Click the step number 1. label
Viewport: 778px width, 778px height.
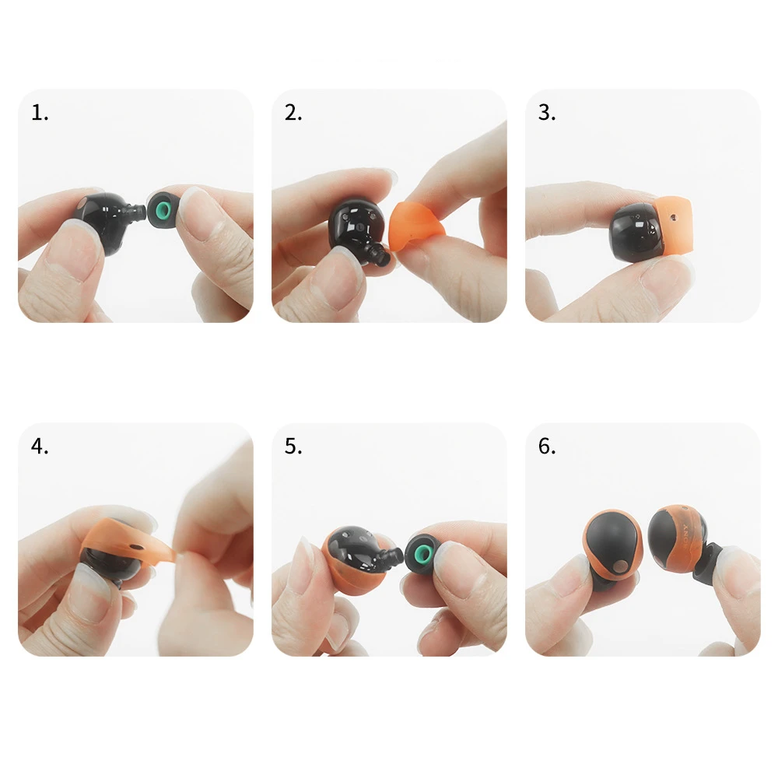pos(40,113)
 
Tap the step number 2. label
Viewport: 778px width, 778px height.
pos(293,113)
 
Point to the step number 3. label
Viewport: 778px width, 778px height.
pos(547,113)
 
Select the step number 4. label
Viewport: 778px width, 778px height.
pos(40,447)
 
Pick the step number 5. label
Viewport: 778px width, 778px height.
pos(293,447)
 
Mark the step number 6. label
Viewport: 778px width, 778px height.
pos(547,447)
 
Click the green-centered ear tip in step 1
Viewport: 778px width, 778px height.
pos(163,208)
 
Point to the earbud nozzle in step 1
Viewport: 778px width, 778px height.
pos(138,211)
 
